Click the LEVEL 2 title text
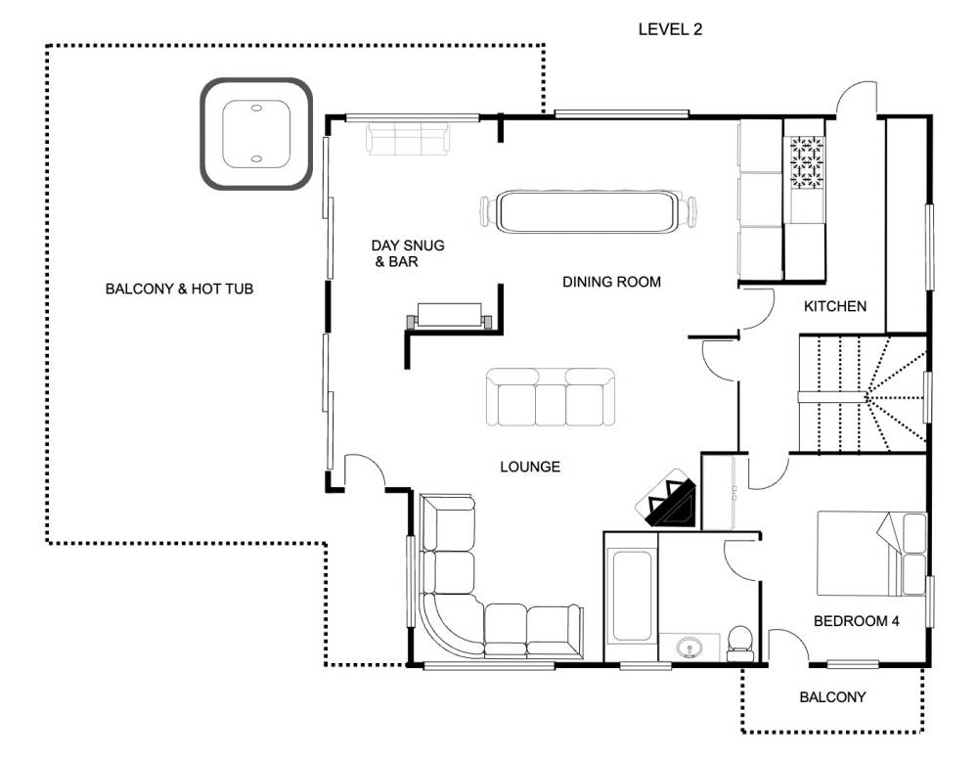[x=670, y=29]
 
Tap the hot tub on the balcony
[x=255, y=134]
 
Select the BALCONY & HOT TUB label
[x=179, y=289]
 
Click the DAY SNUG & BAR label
[x=407, y=253]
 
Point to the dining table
[x=588, y=212]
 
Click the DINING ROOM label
[x=611, y=282]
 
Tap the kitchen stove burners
[x=807, y=162]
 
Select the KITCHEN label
[x=834, y=306]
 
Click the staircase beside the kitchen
[x=862, y=394]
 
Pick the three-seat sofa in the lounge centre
[x=550, y=397]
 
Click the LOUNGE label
[x=530, y=467]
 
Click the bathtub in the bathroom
[x=631, y=596]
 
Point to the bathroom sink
[x=689, y=647]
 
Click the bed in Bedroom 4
[x=872, y=554]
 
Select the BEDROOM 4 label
[x=856, y=621]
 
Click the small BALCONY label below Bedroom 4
[x=832, y=697]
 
